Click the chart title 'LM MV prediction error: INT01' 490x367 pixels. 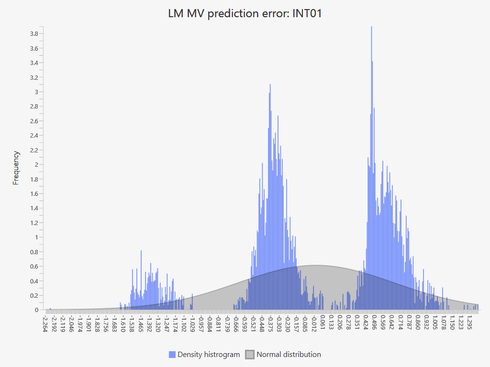pyautogui.click(x=245, y=13)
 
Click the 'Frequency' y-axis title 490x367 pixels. pyautogui.click(x=16, y=168)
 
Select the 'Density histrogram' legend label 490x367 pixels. pyautogui.click(x=209, y=355)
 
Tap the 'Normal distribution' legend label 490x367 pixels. pyautogui.click(x=289, y=355)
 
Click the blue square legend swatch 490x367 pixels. pyautogui.click(x=172, y=355)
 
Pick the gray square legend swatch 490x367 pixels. pyautogui.click(x=250, y=355)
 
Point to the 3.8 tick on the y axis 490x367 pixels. pyautogui.click(x=34, y=34)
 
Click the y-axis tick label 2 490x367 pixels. pyautogui.click(x=36, y=165)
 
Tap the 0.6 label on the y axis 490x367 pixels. pyautogui.click(x=34, y=267)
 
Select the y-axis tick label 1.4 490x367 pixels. pyautogui.click(x=34, y=208)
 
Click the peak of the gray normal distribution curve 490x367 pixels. pyautogui.click(x=316, y=266)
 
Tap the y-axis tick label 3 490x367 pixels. pyautogui.click(x=36, y=92)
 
